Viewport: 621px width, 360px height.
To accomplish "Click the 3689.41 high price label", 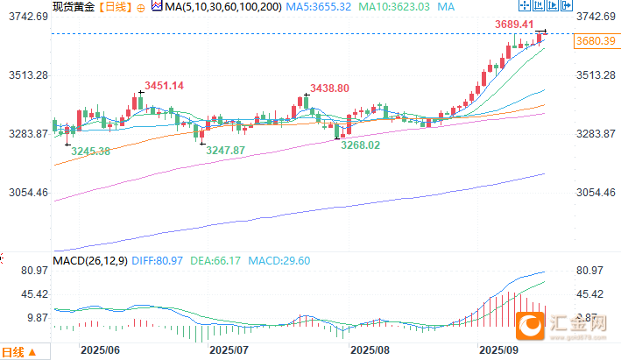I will click(516, 24).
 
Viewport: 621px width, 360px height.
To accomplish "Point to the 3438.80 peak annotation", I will click(329, 88).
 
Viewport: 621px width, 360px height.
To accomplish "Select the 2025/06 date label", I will click(99, 349).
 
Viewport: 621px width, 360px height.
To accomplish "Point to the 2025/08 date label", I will click(370, 349).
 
